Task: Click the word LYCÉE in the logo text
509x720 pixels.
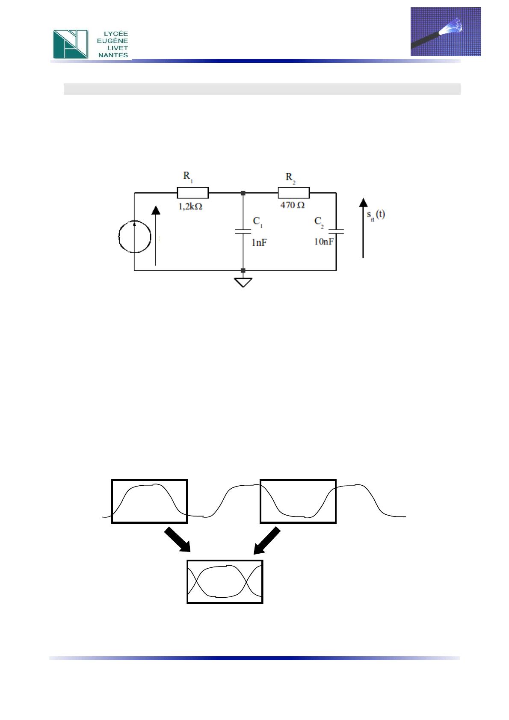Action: (116, 34)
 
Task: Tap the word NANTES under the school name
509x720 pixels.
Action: (113, 55)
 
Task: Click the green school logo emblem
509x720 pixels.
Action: (71, 44)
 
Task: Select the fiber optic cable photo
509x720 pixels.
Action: (446, 32)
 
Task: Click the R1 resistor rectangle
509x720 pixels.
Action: (192, 193)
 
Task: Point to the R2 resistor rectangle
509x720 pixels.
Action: (293, 193)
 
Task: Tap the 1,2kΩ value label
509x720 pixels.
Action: (190, 207)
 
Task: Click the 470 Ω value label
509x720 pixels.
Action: (292, 205)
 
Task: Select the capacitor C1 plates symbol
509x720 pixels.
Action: (243, 231)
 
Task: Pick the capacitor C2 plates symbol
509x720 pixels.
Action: (336, 231)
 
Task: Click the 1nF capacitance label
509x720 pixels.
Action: (259, 243)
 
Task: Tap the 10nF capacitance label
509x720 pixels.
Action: (324, 242)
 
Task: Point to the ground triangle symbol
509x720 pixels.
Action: (243, 283)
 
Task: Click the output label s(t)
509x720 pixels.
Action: (376, 215)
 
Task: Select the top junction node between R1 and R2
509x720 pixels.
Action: (243, 193)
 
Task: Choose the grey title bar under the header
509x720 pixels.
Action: (262, 89)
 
